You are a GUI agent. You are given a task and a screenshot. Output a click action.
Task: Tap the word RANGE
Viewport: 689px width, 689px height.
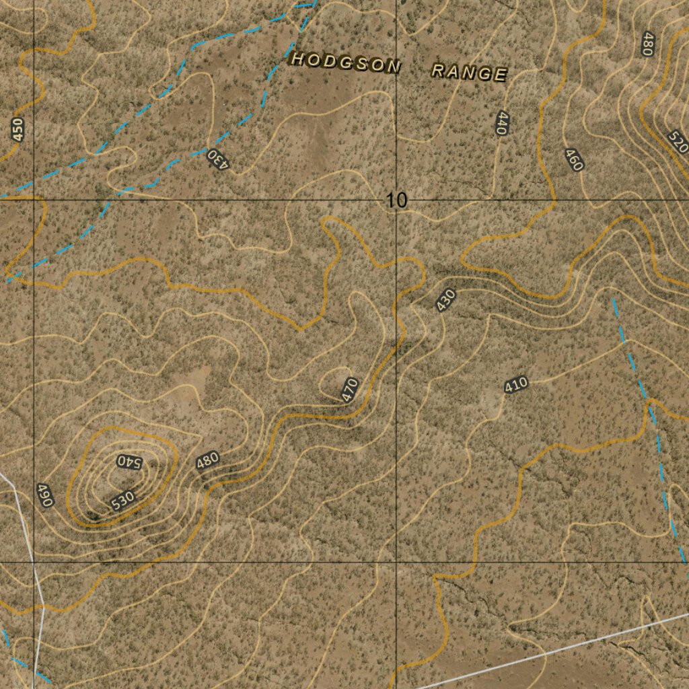pos(468,72)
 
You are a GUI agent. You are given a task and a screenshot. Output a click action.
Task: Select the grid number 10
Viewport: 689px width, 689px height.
pos(397,200)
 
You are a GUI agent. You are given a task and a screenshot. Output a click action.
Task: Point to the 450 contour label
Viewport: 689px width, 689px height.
pos(18,129)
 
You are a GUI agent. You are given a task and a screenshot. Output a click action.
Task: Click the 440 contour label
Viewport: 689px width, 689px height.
pos(501,124)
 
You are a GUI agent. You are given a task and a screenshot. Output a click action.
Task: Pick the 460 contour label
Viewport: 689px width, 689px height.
pos(574,160)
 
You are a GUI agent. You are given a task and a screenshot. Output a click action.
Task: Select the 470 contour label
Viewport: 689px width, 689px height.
pos(349,390)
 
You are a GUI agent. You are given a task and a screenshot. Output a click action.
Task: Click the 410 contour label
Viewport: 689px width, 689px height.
pos(515,386)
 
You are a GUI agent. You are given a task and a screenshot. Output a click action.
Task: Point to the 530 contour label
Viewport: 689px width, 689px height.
pos(123,501)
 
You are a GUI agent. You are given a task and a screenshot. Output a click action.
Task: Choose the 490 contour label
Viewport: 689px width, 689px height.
pos(44,495)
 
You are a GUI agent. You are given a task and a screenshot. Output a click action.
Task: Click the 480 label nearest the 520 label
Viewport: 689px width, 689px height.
pos(648,44)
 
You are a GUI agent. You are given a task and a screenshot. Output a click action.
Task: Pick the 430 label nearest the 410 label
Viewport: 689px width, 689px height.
pos(445,299)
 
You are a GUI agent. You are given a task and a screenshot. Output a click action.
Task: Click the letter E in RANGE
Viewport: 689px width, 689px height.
pos(499,75)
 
